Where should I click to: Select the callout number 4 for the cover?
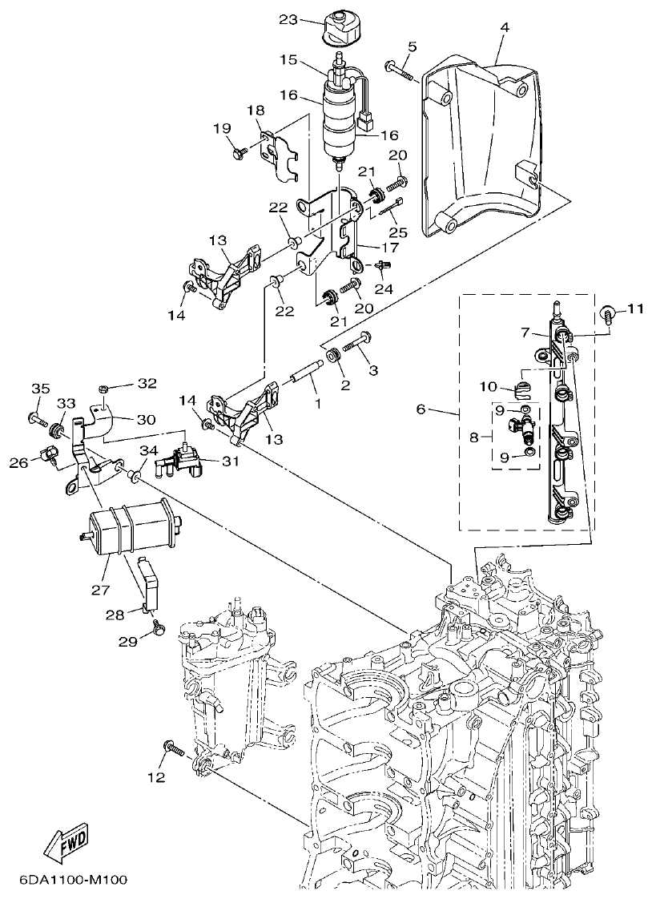[x=504, y=28]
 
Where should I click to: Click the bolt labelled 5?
[x=398, y=71]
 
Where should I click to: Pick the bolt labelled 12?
[x=175, y=749]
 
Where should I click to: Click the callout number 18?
[x=255, y=110]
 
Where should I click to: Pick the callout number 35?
[x=34, y=389]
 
